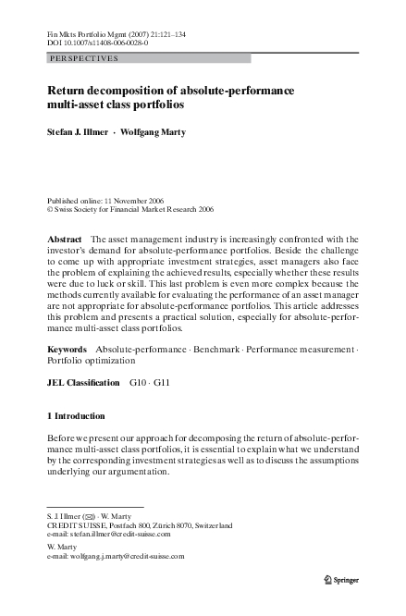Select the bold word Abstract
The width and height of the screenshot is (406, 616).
point(65,239)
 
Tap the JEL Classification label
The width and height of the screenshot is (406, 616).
point(83,382)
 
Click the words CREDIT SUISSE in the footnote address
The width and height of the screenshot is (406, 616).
point(77,524)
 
